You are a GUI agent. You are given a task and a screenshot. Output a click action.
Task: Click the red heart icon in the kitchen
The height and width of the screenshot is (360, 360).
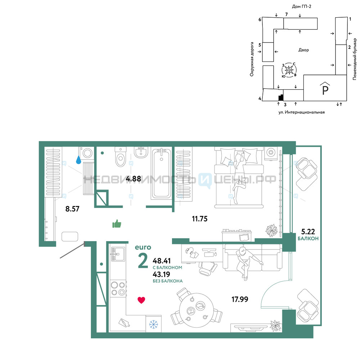pyautogui.click(x=141, y=300)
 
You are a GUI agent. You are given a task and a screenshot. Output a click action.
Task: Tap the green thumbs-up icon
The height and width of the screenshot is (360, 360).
pyautogui.click(x=117, y=224)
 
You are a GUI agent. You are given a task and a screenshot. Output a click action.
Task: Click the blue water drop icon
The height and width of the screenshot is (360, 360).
pyautogui.click(x=78, y=160)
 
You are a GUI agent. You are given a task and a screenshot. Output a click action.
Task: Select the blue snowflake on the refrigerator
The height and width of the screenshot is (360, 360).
pyautogui.click(x=153, y=324)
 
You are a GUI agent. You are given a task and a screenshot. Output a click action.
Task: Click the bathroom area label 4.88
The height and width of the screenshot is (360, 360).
pyautogui.click(x=134, y=179)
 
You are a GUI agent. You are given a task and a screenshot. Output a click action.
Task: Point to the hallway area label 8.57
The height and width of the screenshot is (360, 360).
pyautogui.click(x=72, y=209)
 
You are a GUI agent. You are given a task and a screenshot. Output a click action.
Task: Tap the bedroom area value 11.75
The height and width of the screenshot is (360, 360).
pyautogui.click(x=200, y=219)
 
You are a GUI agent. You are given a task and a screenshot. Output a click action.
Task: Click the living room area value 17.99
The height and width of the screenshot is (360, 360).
pyautogui.click(x=240, y=299)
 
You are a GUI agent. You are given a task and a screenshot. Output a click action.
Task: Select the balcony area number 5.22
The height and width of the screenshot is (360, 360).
pyautogui.click(x=308, y=231)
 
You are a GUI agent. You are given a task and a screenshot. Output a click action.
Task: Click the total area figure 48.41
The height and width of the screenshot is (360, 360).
pyautogui.click(x=162, y=261)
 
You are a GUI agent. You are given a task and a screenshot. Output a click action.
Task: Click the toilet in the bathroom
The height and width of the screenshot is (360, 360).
pyautogui.click(x=121, y=157)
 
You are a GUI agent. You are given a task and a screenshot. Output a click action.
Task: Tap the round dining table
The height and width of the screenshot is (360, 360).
pyautogui.click(x=197, y=310)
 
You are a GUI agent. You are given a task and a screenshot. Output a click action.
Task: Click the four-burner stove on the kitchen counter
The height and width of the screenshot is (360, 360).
pyautogui.click(x=118, y=288)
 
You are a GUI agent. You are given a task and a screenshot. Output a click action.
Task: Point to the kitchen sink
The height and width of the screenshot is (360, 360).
pyautogui.click(x=118, y=254)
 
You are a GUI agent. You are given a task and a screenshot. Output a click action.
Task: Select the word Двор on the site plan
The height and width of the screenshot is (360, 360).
pyautogui.click(x=303, y=50)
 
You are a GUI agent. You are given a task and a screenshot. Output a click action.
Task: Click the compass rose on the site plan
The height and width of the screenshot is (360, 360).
pyautogui.click(x=289, y=69)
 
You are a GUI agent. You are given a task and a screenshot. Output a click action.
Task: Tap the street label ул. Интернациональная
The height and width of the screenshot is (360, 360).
pyautogui.click(x=301, y=112)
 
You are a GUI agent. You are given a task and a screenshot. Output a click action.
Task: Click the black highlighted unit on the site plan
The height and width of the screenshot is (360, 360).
pyautogui.click(x=281, y=98)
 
